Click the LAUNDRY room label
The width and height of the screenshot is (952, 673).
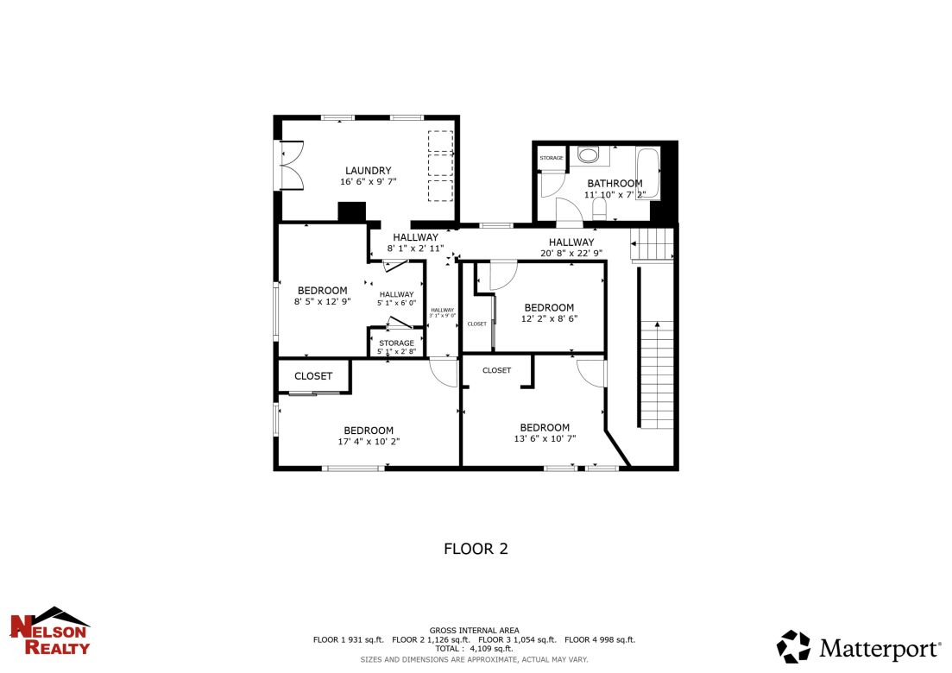pyautogui.click(x=369, y=170)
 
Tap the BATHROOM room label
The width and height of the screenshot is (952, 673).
pyautogui.click(x=615, y=183)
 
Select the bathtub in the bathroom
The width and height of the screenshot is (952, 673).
pyautogui.click(x=647, y=173)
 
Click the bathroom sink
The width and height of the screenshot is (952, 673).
pyautogui.click(x=589, y=155)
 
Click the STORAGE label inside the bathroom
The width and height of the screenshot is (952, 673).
pyautogui.click(x=552, y=158)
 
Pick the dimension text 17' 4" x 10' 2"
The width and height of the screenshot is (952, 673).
pyautogui.click(x=369, y=442)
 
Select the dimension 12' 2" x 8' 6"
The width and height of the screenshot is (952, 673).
pyautogui.click(x=549, y=318)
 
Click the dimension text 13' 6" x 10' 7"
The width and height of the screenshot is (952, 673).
pyautogui.click(x=545, y=438)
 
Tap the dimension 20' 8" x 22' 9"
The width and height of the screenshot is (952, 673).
pyautogui.click(x=571, y=254)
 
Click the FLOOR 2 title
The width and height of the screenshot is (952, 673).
pyautogui.click(x=476, y=548)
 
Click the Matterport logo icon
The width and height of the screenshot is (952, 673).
pyautogui.click(x=793, y=647)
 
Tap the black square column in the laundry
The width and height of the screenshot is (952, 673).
pyautogui.click(x=352, y=212)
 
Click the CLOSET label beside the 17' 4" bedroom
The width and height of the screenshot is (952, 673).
pyautogui.click(x=313, y=376)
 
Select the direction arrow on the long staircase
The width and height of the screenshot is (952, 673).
pyautogui.click(x=658, y=325)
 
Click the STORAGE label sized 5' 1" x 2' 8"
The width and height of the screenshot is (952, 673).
pyautogui.click(x=396, y=343)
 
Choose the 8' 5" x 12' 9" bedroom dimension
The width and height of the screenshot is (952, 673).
pyautogui.click(x=322, y=302)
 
